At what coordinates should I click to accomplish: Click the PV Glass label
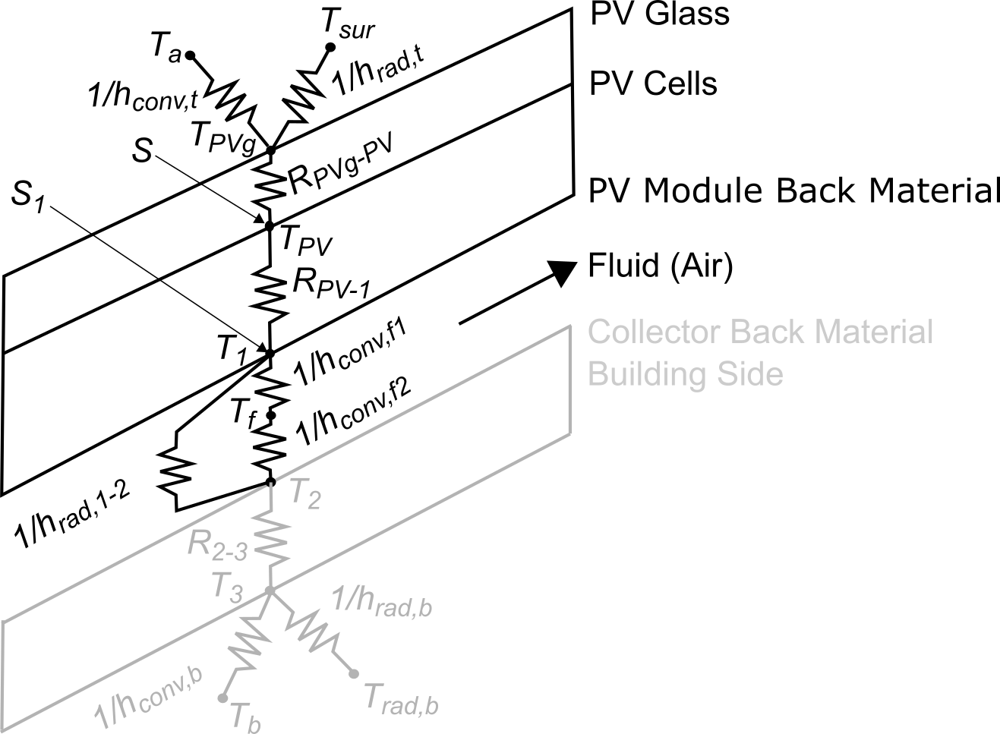(x=659, y=14)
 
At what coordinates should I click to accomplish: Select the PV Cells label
(x=653, y=83)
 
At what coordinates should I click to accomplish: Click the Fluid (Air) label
(x=660, y=267)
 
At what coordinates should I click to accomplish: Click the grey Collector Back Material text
(x=759, y=332)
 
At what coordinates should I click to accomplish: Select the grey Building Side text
(x=685, y=374)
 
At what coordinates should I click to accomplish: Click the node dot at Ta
(x=191, y=55)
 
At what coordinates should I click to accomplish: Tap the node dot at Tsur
(x=331, y=46)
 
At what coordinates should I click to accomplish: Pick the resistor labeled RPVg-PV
(x=269, y=186)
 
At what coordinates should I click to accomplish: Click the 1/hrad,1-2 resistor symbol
(x=175, y=471)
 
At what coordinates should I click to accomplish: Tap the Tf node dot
(x=270, y=415)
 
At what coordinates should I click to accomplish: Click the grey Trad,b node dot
(x=353, y=673)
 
